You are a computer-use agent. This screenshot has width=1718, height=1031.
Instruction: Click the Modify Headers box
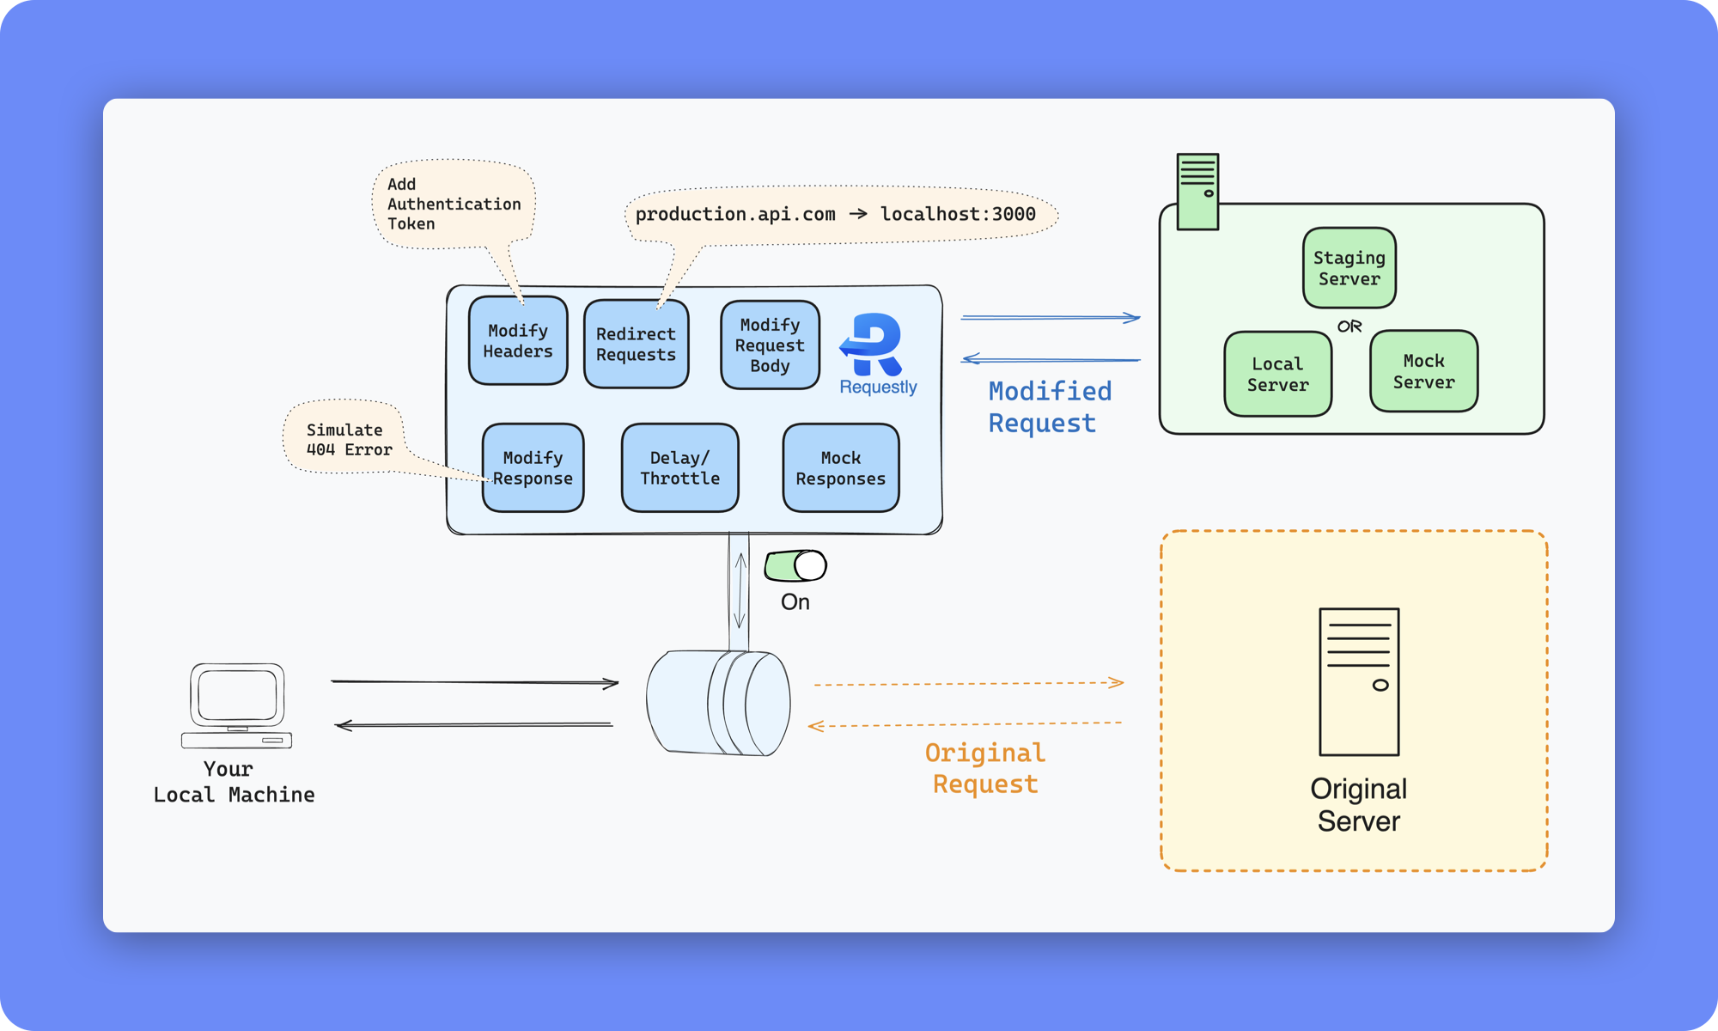pos(518,341)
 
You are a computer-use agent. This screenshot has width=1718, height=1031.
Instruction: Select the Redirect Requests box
pos(636,345)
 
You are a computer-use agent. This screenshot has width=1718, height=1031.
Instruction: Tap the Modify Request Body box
pos(770,345)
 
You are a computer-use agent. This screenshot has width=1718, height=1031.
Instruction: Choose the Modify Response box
pos(533,468)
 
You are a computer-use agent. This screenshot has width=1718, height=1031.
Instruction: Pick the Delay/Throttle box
pos(679,468)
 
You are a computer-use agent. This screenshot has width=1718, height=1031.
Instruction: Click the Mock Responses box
pos(840,468)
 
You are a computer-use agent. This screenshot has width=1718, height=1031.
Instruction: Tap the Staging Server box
pos(1349,268)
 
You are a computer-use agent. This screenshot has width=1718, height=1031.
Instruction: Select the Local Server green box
pos(1277,375)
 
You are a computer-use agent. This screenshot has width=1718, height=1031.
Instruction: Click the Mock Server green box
pos(1423,371)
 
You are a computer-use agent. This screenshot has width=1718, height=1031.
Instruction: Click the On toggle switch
pos(795,566)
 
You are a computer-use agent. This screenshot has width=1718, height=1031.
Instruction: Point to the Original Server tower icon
pos(1359,681)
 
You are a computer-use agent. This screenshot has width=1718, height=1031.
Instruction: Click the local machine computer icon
pos(237,705)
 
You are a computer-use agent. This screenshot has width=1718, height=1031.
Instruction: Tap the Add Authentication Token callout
pos(454,204)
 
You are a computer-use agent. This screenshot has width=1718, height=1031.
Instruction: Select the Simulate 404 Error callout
pos(348,439)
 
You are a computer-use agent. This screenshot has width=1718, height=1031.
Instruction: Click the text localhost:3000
pos(958,214)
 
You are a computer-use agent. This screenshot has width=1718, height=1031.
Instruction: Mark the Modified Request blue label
pos(1049,407)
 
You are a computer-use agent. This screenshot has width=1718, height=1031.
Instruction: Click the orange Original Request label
pos(985,768)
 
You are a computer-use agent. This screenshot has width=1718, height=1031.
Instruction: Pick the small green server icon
pos(1197,192)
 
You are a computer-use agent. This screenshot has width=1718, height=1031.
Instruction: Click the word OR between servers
pos(1349,326)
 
